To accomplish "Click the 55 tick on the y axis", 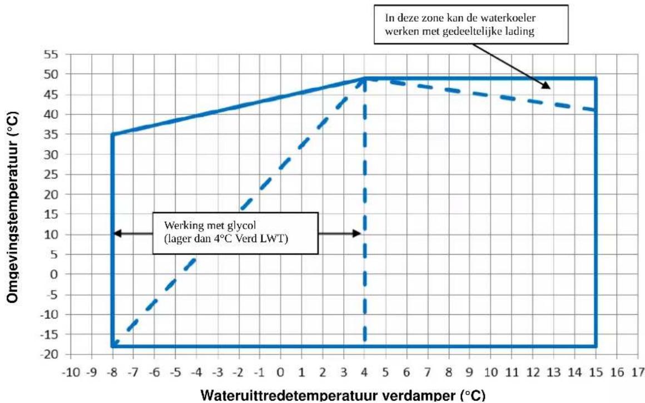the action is (x=51, y=54).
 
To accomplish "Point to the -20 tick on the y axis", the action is (x=49, y=355).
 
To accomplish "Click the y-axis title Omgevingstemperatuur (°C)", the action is (x=13, y=208).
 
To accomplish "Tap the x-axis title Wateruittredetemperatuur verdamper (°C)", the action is (x=343, y=396).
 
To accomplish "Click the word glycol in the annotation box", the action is (x=240, y=225).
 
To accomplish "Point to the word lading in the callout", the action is (x=522, y=32).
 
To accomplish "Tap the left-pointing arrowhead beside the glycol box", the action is (x=117, y=233).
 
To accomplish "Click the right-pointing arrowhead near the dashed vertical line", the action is (x=357, y=233).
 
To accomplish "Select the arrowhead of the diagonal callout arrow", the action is (x=546, y=85).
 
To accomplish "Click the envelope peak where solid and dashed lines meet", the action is (x=364, y=78).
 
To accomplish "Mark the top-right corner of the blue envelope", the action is (x=596, y=78).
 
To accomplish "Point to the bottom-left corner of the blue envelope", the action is (x=112, y=346).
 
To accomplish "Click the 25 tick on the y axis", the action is (x=51, y=175).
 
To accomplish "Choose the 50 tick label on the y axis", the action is (x=51, y=75).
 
